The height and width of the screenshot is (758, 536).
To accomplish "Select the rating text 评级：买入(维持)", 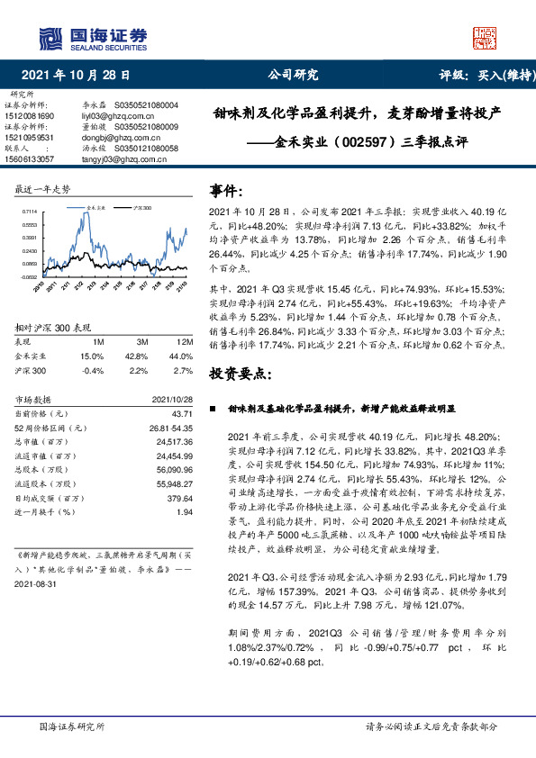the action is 484,77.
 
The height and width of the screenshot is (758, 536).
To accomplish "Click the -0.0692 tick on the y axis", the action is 29,276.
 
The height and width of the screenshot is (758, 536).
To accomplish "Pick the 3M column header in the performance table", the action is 141,342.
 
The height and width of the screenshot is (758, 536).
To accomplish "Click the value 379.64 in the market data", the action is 180,498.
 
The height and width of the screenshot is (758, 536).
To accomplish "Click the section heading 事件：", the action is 226,191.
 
